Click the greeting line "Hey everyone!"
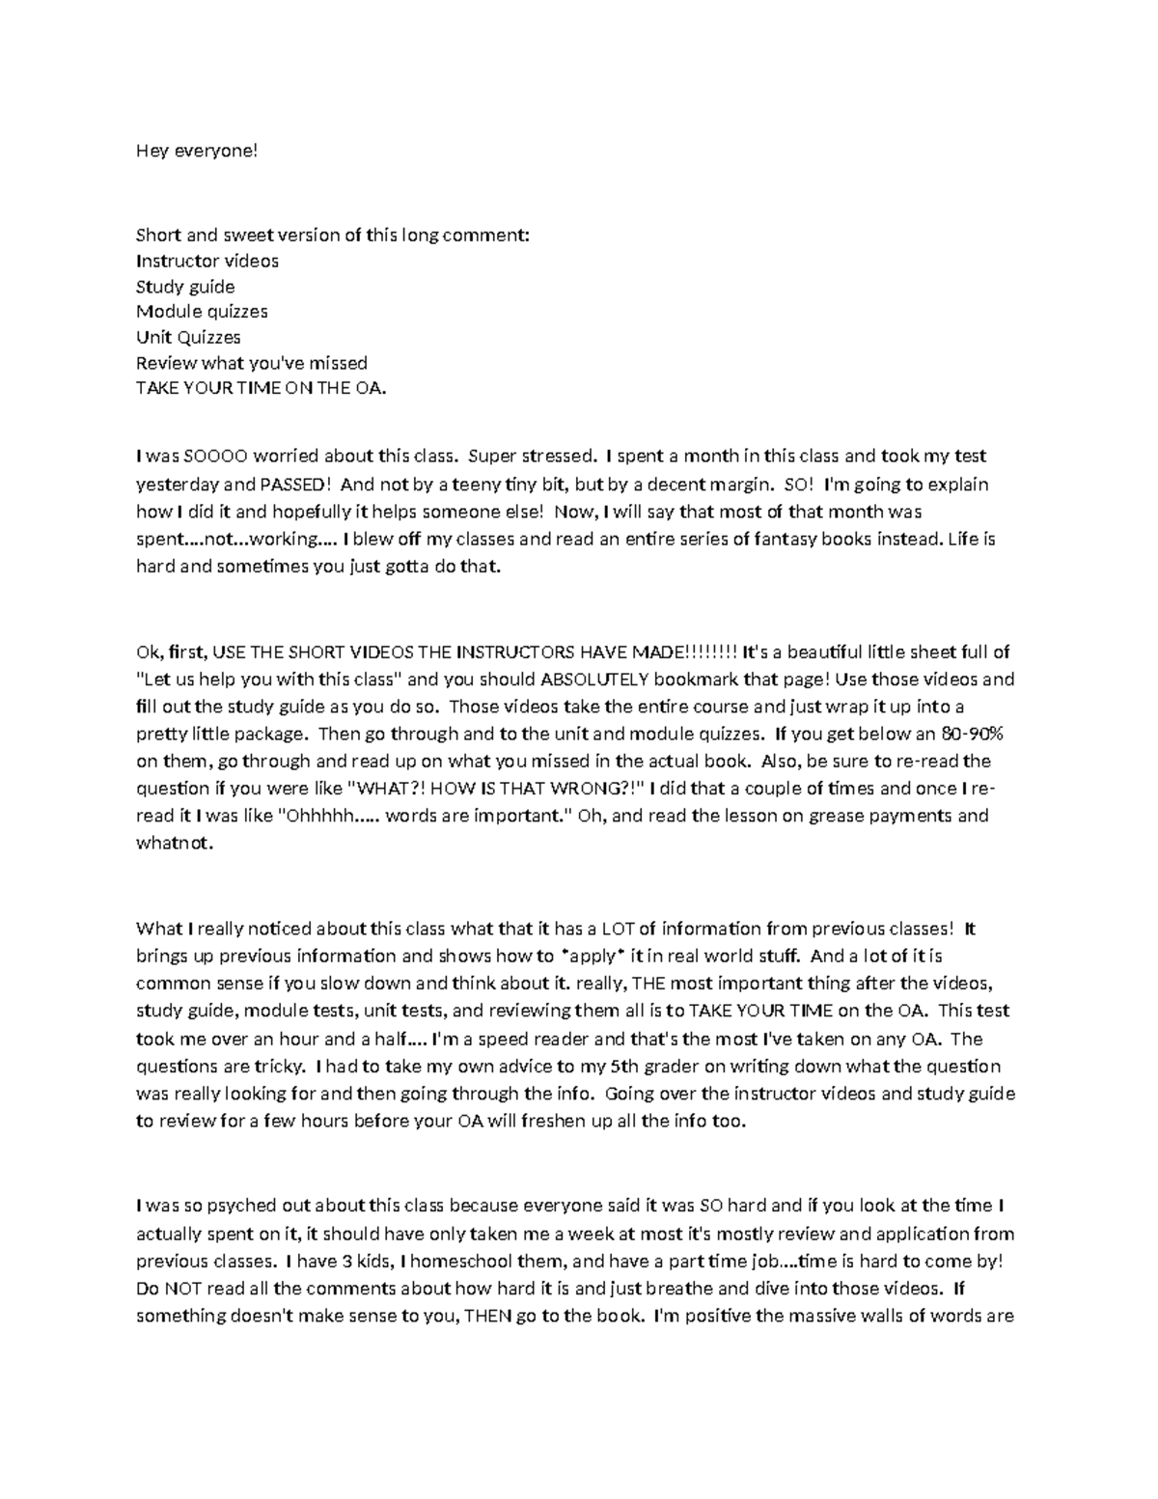[x=197, y=152]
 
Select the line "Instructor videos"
[x=207, y=261]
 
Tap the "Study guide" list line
[x=185, y=287]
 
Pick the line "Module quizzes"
[x=202, y=312]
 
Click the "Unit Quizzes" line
[x=188, y=337]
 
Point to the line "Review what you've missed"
[x=252, y=363]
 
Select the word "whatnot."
[x=173, y=843]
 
